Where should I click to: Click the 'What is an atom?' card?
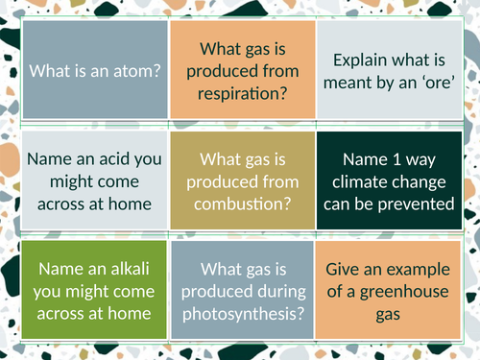[x=93, y=71]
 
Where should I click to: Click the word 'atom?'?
[x=137, y=71]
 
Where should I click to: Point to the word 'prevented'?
[x=419, y=203]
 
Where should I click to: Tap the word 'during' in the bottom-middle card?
[x=284, y=287]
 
